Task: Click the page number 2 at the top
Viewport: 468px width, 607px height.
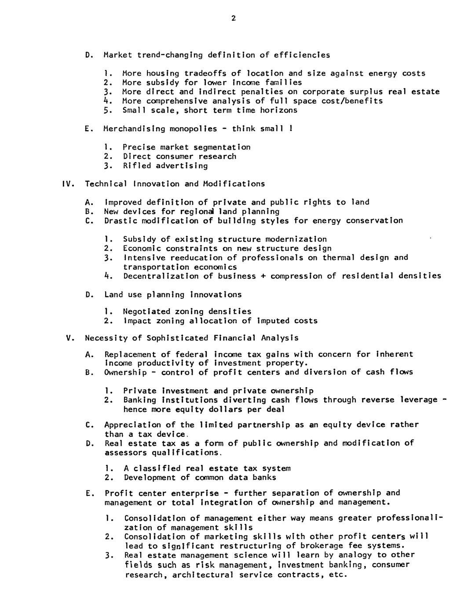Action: (x=234, y=18)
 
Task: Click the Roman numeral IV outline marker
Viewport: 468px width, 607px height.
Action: (x=66, y=184)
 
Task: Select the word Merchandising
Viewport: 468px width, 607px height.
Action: (x=127, y=129)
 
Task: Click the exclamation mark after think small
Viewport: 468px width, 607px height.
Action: (x=291, y=129)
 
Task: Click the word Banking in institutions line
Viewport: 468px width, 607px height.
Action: (x=139, y=400)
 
